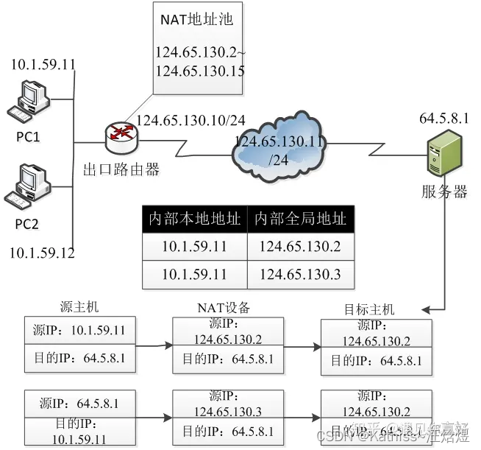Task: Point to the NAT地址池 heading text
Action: (x=196, y=20)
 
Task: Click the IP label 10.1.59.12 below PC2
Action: (x=42, y=253)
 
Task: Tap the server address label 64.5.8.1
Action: (x=443, y=118)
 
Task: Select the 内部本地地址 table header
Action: (x=194, y=219)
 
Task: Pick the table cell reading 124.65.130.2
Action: (x=300, y=247)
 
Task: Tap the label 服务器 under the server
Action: (x=444, y=192)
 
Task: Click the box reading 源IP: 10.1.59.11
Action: (x=79, y=331)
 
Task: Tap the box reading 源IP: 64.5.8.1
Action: (x=79, y=404)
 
